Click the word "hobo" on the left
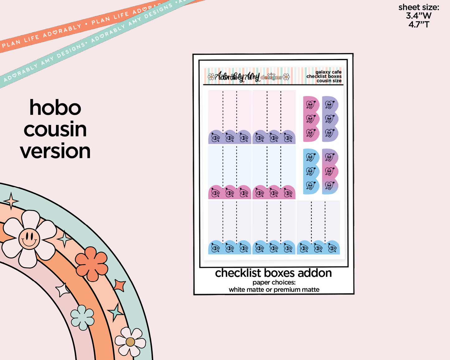[x=55, y=108]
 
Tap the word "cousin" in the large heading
[x=55, y=130]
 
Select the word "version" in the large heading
[x=55, y=151]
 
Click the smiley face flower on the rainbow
[x=29, y=239]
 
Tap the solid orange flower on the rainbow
[x=92, y=263]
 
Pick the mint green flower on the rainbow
[x=83, y=317]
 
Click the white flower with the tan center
[x=130, y=342]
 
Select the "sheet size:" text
[x=419, y=7]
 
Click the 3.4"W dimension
[x=419, y=16]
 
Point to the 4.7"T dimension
[x=419, y=24]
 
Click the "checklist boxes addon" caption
[x=273, y=273]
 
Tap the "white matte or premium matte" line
[x=274, y=290]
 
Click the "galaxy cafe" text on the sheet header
[x=328, y=72]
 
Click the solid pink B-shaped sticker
[x=311, y=119]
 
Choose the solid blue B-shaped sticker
[x=311, y=172]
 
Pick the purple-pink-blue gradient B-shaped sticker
[x=330, y=172]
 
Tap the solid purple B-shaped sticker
[x=330, y=119]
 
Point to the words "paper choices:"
[x=274, y=282]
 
